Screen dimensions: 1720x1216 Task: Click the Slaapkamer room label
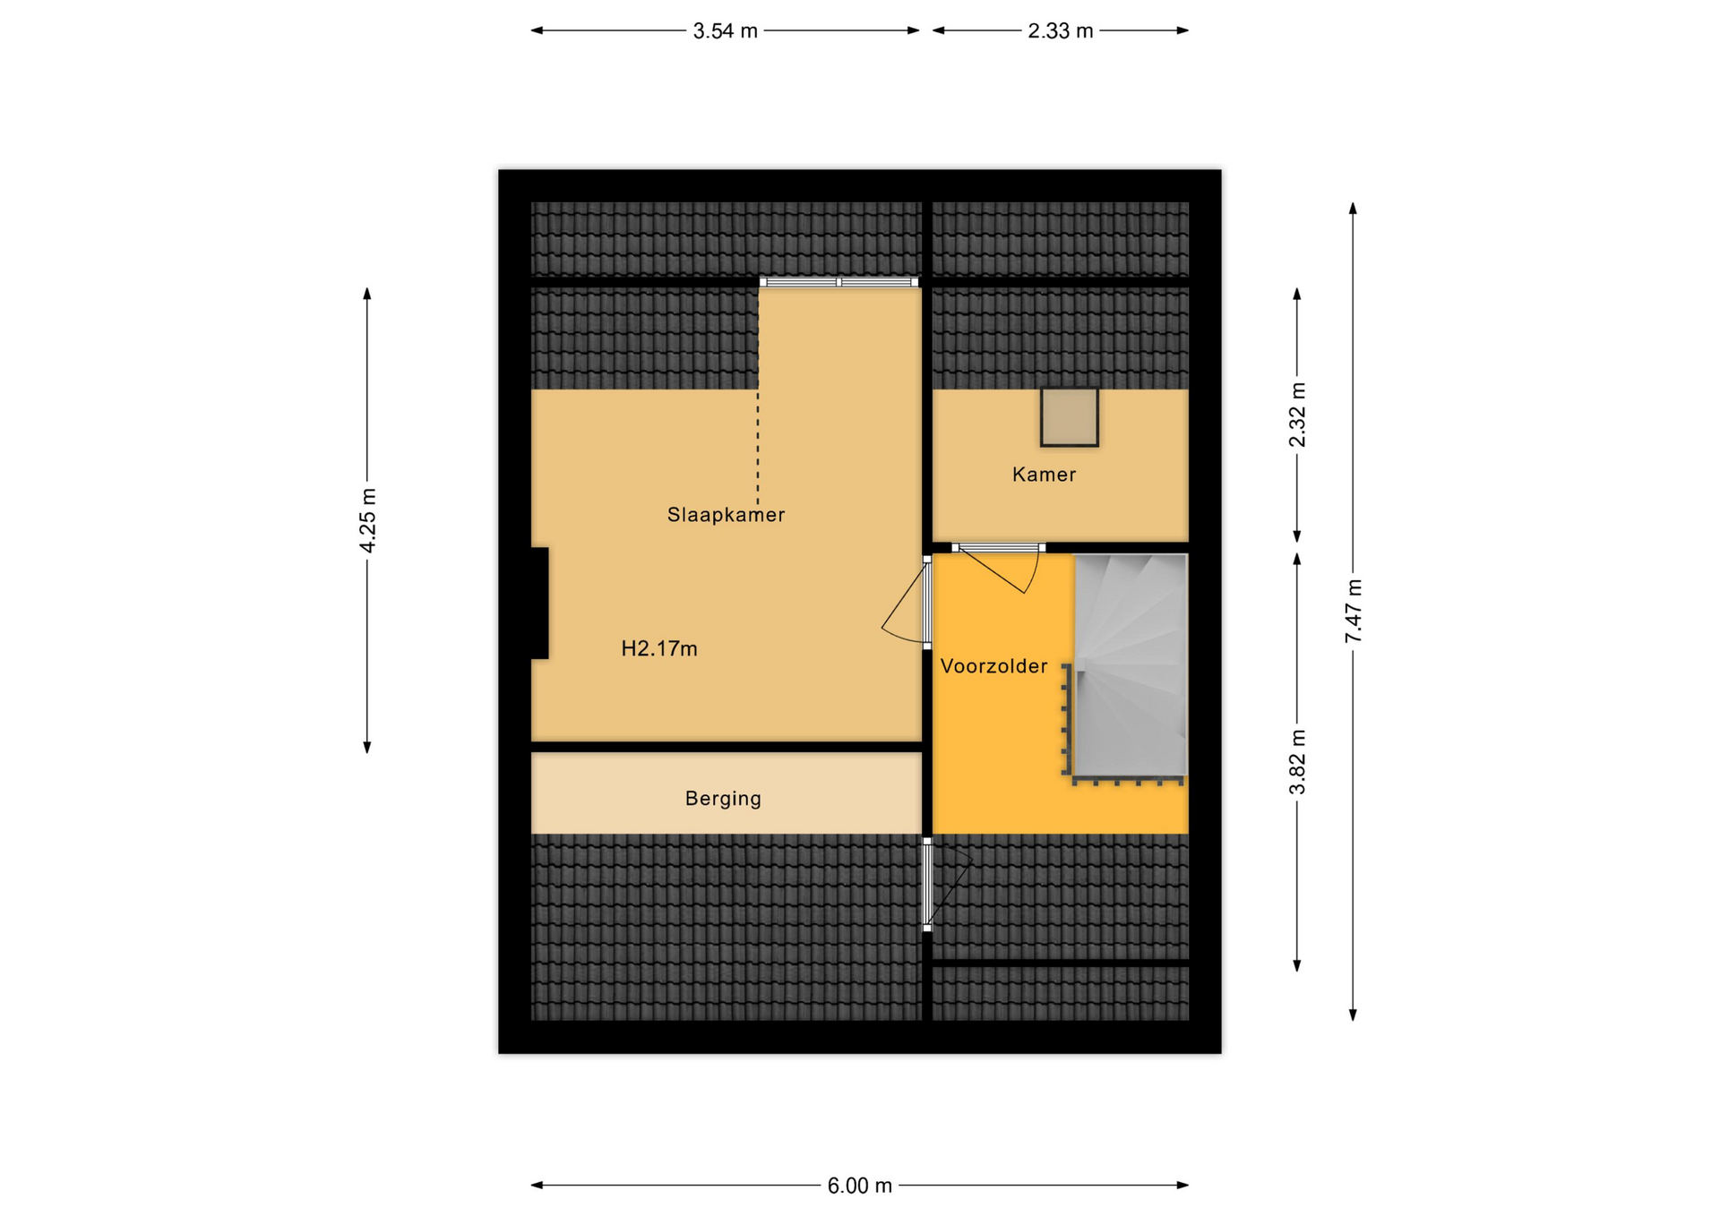726,515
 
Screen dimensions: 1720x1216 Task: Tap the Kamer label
1044,475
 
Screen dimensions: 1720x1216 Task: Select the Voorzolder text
993,666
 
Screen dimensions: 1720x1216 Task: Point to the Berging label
723,799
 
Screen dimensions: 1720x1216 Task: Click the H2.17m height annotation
659,648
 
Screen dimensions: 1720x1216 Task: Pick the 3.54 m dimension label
725,31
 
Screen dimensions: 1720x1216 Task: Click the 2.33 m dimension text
1060,31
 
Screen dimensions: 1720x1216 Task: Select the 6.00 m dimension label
859,1186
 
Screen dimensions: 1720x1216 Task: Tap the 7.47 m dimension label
1353,611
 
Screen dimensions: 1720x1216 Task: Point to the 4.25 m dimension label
367,521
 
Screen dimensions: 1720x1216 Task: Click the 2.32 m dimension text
1297,415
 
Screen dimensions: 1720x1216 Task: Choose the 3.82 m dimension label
1297,762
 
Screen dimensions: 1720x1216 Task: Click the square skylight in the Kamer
1069,417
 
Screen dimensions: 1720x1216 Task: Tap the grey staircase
1131,665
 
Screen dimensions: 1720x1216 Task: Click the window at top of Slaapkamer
838,282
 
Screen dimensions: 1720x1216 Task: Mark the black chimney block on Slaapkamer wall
539,603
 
